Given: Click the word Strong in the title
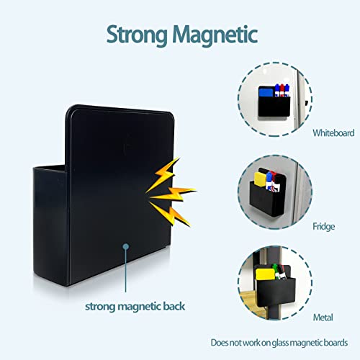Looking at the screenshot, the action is (137, 35).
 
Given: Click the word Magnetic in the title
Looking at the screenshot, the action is (215, 35).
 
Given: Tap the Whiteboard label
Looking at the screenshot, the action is (333, 133).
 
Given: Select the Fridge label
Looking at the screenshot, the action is (323, 226).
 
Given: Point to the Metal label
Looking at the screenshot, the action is (323, 318).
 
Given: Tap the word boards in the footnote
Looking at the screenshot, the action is (336, 343).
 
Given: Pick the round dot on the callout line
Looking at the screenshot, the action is (126, 246).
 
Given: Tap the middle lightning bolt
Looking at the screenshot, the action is (174, 194).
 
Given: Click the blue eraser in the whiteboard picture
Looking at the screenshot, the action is (266, 92).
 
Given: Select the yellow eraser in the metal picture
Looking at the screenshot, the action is (265, 274).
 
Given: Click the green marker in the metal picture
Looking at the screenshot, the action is (276, 271).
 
